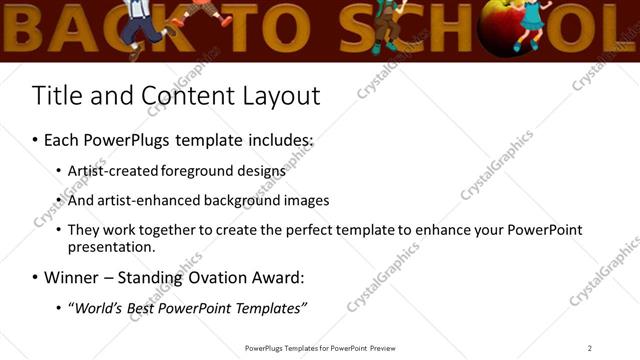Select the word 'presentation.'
[x=112, y=246]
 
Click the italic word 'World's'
[x=100, y=307]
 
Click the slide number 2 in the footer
[x=589, y=348]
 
